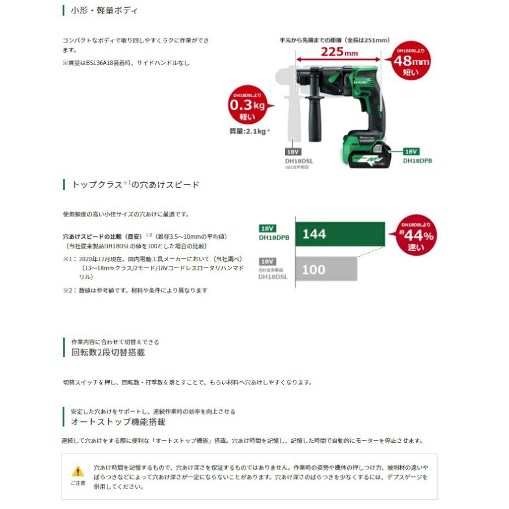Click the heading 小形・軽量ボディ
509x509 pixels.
click(x=104, y=11)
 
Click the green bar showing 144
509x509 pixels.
click(x=339, y=234)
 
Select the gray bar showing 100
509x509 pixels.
click(x=326, y=269)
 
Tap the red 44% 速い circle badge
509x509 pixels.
click(x=417, y=235)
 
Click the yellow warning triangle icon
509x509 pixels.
click(x=77, y=471)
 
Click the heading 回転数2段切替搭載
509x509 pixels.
click(x=108, y=352)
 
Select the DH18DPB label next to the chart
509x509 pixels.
click(x=274, y=238)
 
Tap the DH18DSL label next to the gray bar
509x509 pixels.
click(x=273, y=277)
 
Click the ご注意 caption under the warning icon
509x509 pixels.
click(x=77, y=484)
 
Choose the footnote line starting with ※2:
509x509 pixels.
click(x=135, y=290)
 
